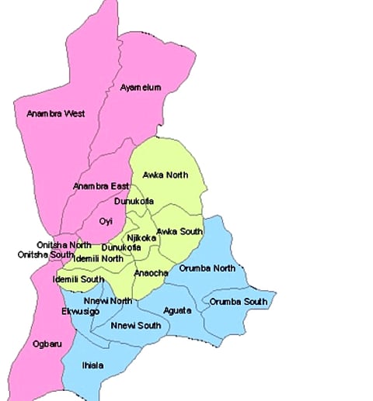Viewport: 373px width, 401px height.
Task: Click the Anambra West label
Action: click(x=56, y=113)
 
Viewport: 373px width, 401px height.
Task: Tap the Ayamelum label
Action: click(x=141, y=88)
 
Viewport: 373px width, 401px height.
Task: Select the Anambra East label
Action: click(x=101, y=186)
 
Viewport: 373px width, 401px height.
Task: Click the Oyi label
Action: click(x=106, y=221)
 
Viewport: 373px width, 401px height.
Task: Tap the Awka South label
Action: click(x=180, y=231)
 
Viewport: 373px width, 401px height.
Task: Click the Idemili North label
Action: click(x=98, y=258)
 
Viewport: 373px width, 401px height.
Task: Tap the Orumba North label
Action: click(x=207, y=268)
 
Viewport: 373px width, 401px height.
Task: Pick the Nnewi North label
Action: click(x=108, y=300)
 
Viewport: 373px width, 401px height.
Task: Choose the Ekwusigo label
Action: click(x=80, y=311)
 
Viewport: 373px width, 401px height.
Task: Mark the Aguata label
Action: click(x=177, y=310)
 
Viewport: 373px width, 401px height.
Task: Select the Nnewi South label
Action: click(x=136, y=325)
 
